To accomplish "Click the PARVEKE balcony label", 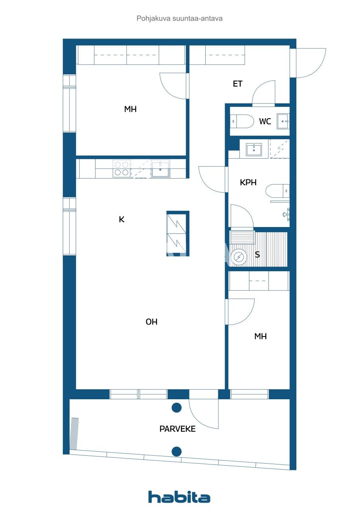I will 177,429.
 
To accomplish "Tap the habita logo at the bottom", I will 179,497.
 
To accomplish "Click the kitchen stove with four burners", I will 121,168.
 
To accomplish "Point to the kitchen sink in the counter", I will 160,169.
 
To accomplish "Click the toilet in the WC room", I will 243,121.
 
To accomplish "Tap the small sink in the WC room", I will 283,121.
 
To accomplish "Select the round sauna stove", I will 239,257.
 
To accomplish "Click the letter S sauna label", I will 257,255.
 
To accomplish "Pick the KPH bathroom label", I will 248,183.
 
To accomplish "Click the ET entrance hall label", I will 237,84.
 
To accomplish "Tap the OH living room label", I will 152,322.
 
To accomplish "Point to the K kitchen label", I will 122,219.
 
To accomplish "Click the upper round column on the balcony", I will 177,408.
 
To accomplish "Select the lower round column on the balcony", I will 177,451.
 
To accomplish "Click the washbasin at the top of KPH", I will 254,150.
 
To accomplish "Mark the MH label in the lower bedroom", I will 261,336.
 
